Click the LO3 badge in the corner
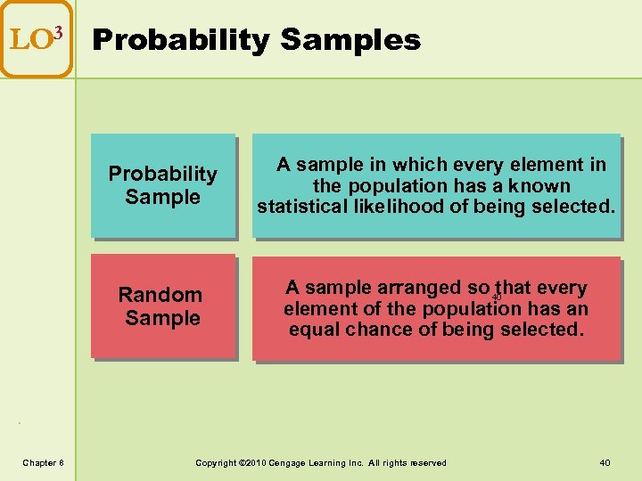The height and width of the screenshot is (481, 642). point(36,39)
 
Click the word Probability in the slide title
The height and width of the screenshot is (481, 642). point(182,40)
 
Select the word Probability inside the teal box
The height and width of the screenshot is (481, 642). point(162,174)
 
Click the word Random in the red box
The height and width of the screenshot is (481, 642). point(160,295)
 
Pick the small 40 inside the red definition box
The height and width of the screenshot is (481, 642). point(497,298)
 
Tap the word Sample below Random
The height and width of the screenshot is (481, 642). point(162,318)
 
